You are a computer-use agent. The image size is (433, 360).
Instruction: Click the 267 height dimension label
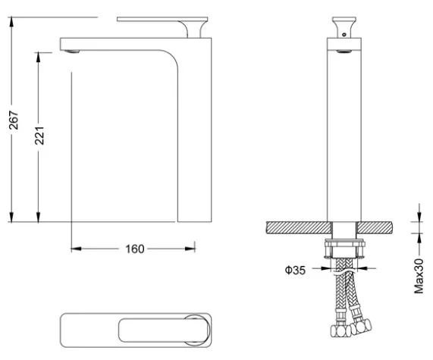pyautogui.click(x=14, y=121)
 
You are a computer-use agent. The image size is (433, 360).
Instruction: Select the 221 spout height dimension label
pyautogui.click(x=39, y=136)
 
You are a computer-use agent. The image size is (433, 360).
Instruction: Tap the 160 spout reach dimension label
pyautogui.click(x=135, y=249)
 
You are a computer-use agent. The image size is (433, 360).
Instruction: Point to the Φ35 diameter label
pyautogui.click(x=295, y=270)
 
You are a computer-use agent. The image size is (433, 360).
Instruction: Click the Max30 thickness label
pyautogui.click(x=419, y=276)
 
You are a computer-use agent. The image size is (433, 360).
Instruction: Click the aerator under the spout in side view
pyautogui.click(x=71, y=52)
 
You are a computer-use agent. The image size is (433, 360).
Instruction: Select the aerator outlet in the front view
pyautogui.click(x=344, y=52)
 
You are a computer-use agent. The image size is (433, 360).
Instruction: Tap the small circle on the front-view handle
pyautogui.click(x=344, y=35)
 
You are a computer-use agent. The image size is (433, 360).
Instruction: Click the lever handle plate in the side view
pyautogui.click(x=162, y=19)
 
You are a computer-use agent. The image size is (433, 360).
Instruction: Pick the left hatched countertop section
pyautogui.click(x=299, y=228)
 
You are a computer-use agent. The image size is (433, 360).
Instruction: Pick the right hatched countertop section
pyautogui.click(x=375, y=228)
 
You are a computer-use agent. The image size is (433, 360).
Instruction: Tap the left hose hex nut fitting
pyautogui.click(x=340, y=331)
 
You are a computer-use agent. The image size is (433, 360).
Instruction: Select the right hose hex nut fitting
pyautogui.click(x=361, y=327)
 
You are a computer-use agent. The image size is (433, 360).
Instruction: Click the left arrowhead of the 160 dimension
pyautogui.click(x=77, y=249)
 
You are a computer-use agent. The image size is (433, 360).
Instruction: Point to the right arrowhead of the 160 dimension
pyautogui.click(x=190, y=249)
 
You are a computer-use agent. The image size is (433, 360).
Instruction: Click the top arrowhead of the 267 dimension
pyautogui.click(x=11, y=22)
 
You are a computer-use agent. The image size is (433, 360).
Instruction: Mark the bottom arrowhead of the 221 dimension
pyautogui.click(x=38, y=217)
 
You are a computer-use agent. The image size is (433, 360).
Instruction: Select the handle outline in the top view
pyautogui.click(x=165, y=330)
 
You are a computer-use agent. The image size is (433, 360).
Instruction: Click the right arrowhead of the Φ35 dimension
pyautogui.click(x=362, y=268)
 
